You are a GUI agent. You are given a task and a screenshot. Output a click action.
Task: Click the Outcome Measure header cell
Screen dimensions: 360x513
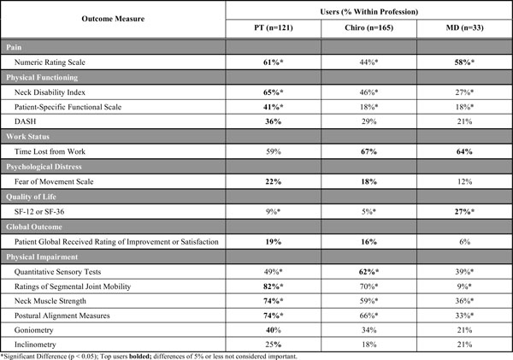point(114,22)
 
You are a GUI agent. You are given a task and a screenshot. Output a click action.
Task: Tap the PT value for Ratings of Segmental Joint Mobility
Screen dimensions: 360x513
point(273,286)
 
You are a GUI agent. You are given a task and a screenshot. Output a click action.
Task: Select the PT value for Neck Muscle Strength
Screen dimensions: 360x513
point(273,301)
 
